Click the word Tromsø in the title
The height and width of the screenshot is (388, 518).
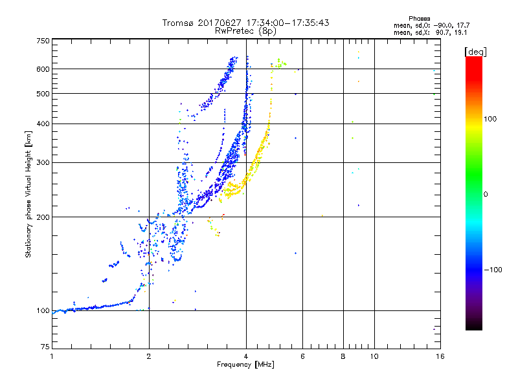pos(178,23)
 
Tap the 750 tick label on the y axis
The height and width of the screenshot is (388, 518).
pos(43,41)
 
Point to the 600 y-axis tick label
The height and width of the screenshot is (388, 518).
pos(43,69)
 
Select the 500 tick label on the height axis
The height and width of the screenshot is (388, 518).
pos(43,94)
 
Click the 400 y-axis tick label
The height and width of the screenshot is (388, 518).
pos(43,124)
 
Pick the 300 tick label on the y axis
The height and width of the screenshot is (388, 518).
pos(43,163)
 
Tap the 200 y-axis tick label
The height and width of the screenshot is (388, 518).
pos(43,217)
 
